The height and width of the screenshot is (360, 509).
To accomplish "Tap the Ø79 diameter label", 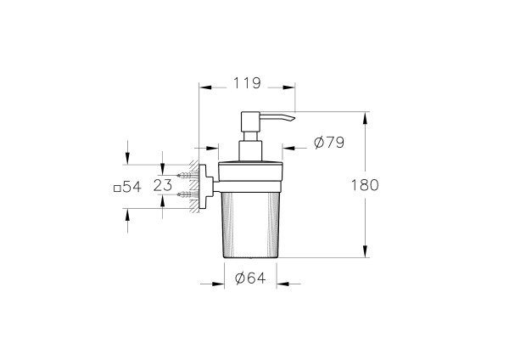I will click(x=328, y=143).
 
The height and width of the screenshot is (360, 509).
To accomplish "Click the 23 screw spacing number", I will click(x=164, y=184).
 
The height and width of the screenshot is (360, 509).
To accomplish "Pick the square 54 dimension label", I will click(x=126, y=186).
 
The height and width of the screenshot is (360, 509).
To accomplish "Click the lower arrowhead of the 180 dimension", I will click(x=365, y=252).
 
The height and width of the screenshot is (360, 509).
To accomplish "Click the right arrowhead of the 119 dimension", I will click(x=291, y=85).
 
